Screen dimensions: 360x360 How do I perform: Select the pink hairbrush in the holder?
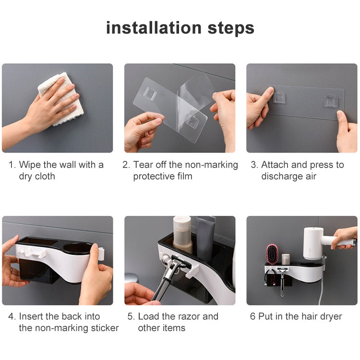tap(272, 254)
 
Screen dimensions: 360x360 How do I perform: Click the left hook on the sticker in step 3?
tap(279, 98)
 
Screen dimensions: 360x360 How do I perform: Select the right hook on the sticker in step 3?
tap(330, 101)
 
